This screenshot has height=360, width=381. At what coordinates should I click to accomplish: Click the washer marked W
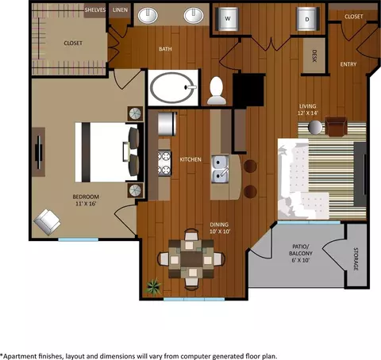(x=228, y=18)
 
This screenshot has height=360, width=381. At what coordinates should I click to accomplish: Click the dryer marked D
(x=307, y=19)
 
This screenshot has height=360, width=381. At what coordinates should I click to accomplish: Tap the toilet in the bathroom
(x=217, y=90)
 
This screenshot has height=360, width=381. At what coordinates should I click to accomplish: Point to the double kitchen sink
(x=220, y=169)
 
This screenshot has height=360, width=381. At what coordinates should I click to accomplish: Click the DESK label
(x=314, y=56)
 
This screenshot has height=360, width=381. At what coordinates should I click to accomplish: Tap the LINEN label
(x=120, y=10)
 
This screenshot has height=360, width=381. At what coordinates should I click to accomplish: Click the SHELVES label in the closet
(x=95, y=10)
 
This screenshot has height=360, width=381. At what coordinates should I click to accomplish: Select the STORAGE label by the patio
(x=356, y=259)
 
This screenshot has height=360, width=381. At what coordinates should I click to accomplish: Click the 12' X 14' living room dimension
(x=308, y=113)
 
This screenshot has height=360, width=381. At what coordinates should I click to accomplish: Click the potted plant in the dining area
(x=153, y=286)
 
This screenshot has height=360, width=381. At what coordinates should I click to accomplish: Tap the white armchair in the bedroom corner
(x=47, y=222)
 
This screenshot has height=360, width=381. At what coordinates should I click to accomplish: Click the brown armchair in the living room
(x=336, y=126)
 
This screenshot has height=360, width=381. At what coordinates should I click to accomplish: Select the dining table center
(x=191, y=259)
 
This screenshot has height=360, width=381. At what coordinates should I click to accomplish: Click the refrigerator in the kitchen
(x=167, y=124)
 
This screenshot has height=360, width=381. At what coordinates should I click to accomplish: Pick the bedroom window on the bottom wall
(x=79, y=239)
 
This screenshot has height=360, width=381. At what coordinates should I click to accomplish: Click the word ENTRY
(x=348, y=64)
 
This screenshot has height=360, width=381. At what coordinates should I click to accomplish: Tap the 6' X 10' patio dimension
(x=301, y=260)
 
